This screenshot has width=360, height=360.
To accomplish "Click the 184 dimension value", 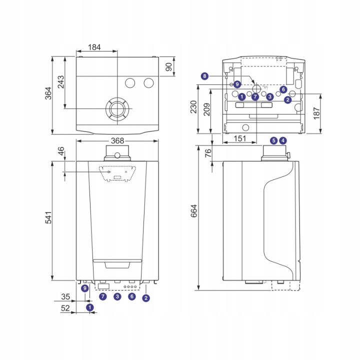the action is click(x=94, y=47).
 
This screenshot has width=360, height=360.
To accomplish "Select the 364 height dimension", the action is click(x=48, y=93).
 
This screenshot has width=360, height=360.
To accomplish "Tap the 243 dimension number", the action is click(x=61, y=82).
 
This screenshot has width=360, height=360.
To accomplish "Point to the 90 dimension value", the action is click(x=169, y=67).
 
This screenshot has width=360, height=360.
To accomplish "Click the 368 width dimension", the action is click(x=117, y=140).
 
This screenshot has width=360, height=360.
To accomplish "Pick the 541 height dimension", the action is click(x=48, y=217).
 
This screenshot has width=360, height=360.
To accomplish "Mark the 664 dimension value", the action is click(x=194, y=211).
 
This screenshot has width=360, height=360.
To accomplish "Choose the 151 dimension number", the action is click(x=240, y=138).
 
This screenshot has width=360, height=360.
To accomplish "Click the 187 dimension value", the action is click(x=316, y=113).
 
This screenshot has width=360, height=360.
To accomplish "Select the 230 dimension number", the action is click(x=194, y=107).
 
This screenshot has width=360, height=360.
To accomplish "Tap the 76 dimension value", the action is click(x=208, y=153).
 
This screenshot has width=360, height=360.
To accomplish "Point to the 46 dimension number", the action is click(x=61, y=151).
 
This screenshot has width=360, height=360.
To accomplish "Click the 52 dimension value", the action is click(x=65, y=308).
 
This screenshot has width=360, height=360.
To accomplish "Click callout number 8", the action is click(x=204, y=76).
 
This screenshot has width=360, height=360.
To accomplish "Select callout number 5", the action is click(x=273, y=140).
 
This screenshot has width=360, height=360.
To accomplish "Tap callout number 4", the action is click(x=283, y=140).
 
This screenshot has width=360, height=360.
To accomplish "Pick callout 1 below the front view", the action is click(x=90, y=307).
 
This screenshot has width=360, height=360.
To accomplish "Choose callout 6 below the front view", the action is click(x=132, y=296).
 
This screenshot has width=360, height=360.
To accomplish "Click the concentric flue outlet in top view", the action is click(x=117, y=109).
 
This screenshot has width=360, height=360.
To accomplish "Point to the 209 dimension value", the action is click(x=207, y=109).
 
